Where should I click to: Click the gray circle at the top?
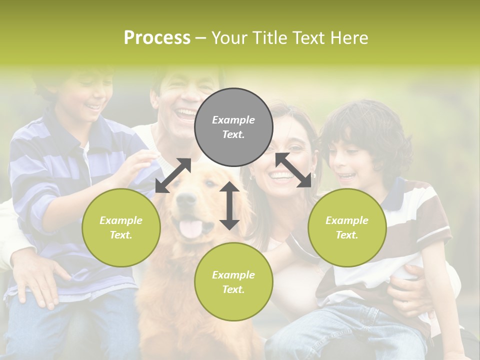coord(233,127)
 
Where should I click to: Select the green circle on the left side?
coord(121,228)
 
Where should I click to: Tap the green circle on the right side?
coord(347,228)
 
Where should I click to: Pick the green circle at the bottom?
coord(233,282)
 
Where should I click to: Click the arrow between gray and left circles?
coord(173,175)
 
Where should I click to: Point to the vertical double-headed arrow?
coord(229,205)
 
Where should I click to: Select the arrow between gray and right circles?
coord(293,170)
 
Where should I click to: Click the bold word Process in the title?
coord(157,38)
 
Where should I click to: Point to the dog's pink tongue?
coord(191,228)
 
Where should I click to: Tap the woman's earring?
coord(314,176)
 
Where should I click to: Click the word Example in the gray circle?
coord(233,120)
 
